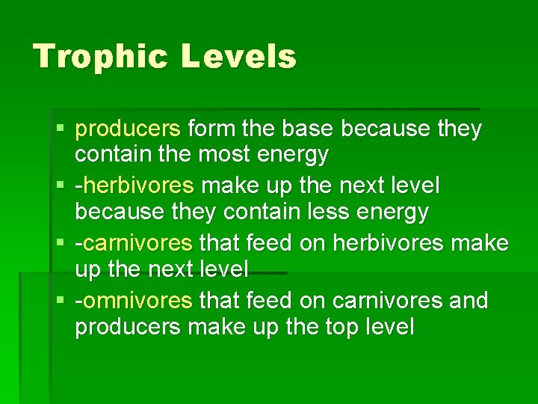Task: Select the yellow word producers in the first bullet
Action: (x=128, y=129)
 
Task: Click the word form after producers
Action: (x=211, y=129)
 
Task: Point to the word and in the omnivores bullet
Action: (x=469, y=301)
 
